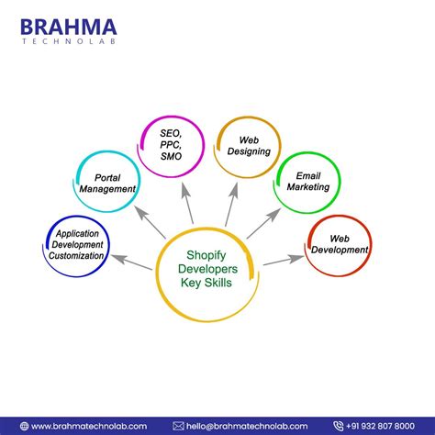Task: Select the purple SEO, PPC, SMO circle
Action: click(170, 145)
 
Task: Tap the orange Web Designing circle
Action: click(248, 145)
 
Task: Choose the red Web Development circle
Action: click(338, 244)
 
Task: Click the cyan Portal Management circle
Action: click(107, 183)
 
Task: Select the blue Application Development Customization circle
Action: click(78, 245)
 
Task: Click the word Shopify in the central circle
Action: click(211, 257)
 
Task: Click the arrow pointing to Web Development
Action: click(283, 260)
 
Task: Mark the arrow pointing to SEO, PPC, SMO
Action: click(187, 202)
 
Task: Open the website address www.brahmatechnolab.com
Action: click(87, 426)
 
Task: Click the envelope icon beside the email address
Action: click(178, 426)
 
